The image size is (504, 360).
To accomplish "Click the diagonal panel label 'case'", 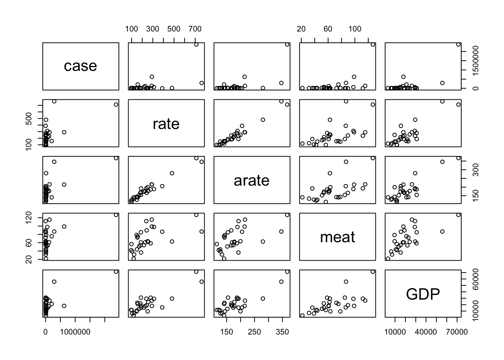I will pos(80,66).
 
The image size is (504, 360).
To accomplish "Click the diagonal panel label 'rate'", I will pos(166,124).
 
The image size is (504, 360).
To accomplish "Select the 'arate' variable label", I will pos(251,180).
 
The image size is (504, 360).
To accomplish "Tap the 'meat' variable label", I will pos(337,237).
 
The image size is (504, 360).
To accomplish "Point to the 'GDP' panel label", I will pos(423,294).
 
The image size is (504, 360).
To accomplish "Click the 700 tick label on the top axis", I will pos(195,29).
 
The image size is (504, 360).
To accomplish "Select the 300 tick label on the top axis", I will pos(153,29).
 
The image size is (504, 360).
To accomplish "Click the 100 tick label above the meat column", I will pos(355,29).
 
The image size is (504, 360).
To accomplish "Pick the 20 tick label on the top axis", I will pos(301,29).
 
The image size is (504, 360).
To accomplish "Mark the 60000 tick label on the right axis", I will pos(475,285).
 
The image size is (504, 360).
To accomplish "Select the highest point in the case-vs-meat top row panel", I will pos(373,44).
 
